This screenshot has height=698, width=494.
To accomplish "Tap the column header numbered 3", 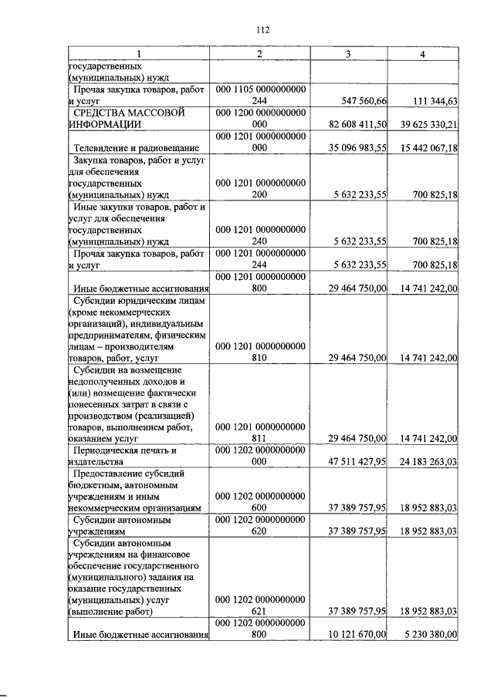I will click(349, 53).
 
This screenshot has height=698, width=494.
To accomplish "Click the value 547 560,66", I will click(357, 100).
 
